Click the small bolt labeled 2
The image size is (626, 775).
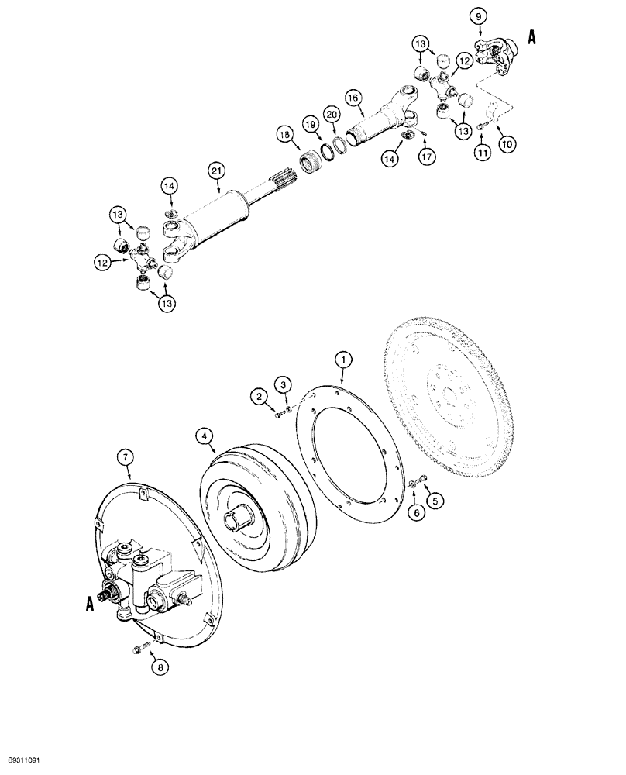(279, 417)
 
